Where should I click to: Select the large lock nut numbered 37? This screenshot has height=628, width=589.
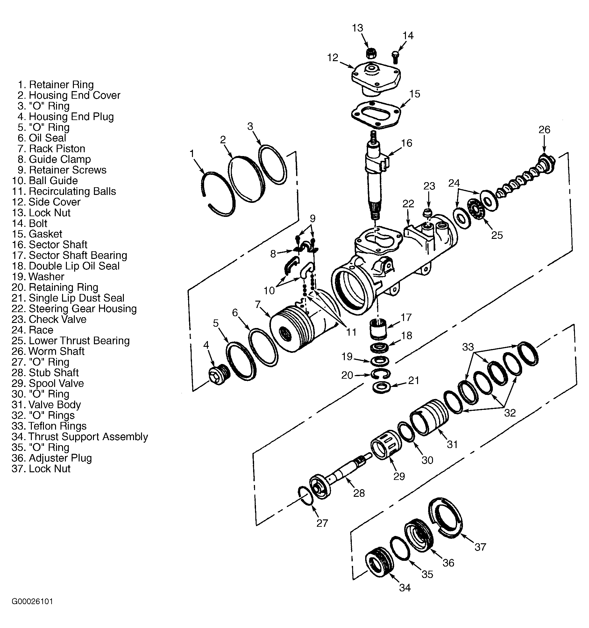[447, 517]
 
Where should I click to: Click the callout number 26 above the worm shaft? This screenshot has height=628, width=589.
[544, 130]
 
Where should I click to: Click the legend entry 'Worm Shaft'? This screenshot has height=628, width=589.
[56, 351]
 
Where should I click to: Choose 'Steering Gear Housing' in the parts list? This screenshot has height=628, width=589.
[82, 309]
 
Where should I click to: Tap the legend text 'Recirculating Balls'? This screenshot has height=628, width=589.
[72, 191]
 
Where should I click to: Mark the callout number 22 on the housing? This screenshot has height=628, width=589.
[408, 203]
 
